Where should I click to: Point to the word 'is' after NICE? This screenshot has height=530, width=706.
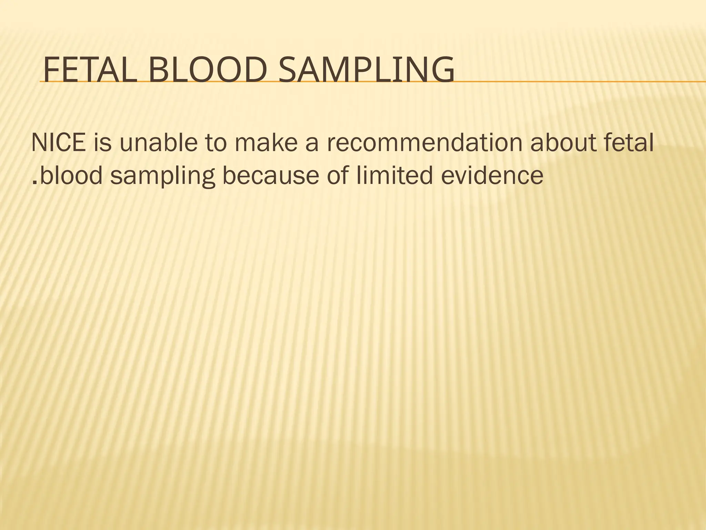[x=102, y=143]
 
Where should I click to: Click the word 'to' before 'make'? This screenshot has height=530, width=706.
[x=216, y=143]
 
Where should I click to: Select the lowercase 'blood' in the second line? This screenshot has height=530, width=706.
[x=71, y=175]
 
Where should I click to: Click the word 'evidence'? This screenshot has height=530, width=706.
[x=492, y=175]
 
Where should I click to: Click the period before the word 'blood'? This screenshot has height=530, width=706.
[x=34, y=183]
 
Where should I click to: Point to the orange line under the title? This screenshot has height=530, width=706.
[x=586, y=82]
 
